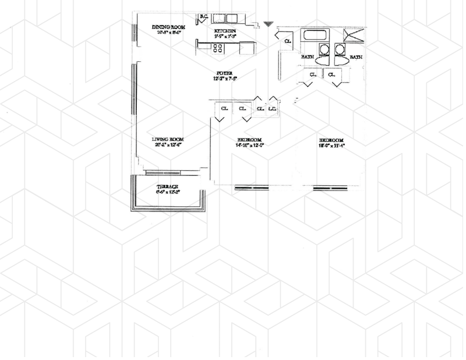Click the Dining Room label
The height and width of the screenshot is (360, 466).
tap(168, 27)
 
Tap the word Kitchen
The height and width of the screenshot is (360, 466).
tap(225, 30)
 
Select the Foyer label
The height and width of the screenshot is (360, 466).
tap(225, 72)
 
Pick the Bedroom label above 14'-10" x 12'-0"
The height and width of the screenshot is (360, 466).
tap(249, 140)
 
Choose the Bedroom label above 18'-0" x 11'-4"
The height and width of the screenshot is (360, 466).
tap(331, 140)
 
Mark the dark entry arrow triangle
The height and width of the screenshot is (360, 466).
tap(268, 24)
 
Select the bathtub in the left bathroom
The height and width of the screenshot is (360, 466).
tap(315, 36)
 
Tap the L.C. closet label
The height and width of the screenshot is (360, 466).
tap(273, 109)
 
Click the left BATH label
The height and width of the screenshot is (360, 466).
tap(307, 57)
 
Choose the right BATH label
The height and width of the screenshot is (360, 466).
tap(355, 57)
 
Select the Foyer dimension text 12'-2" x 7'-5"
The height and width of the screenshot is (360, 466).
tap(225, 78)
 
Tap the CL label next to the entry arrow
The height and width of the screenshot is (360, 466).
tap(288, 41)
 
